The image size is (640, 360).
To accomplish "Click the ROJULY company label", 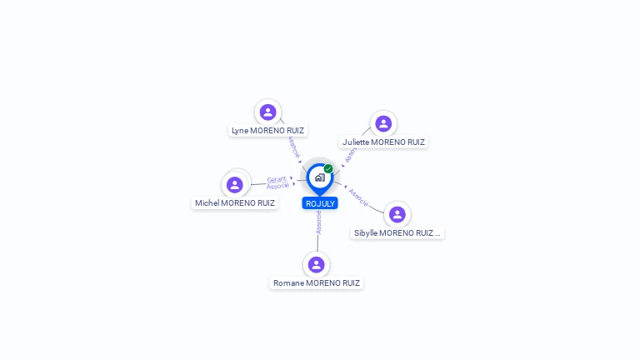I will pyautogui.click(x=320, y=203).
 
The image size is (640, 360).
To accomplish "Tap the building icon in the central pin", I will pyautogui.click(x=320, y=177).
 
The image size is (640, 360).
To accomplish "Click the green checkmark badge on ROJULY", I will pyautogui.click(x=328, y=169).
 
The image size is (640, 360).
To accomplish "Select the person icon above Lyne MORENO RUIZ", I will pyautogui.click(x=267, y=112).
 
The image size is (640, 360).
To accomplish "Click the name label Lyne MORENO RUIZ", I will pyautogui.click(x=267, y=131).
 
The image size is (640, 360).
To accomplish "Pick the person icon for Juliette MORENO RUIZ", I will pyautogui.click(x=383, y=123).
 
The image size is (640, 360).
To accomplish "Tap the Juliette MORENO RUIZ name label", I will pyautogui.click(x=383, y=142).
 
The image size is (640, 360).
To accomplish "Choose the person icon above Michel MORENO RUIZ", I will pyautogui.click(x=235, y=184).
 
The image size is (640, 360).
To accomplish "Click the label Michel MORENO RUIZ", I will pyautogui.click(x=235, y=203).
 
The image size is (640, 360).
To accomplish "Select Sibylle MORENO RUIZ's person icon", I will pyautogui.click(x=397, y=214).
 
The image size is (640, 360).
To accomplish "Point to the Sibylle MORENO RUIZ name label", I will pyautogui.click(x=397, y=233).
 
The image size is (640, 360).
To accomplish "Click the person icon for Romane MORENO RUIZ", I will pyautogui.click(x=316, y=264).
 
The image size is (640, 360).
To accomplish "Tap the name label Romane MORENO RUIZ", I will pyautogui.click(x=317, y=283).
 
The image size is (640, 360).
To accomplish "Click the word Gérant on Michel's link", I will pyautogui.click(x=277, y=178).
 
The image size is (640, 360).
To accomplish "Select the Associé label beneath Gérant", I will pyautogui.click(x=278, y=186).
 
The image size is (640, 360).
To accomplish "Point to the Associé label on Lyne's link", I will pyautogui.click(x=292, y=147).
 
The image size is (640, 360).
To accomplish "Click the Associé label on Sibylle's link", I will pyautogui.click(x=358, y=197).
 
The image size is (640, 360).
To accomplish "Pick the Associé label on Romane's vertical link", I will pyautogui.click(x=318, y=222).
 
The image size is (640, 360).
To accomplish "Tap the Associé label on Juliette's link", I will pyautogui.click(x=350, y=156).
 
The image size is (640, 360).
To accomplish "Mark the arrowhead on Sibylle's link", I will pyautogui.click(x=345, y=186).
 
